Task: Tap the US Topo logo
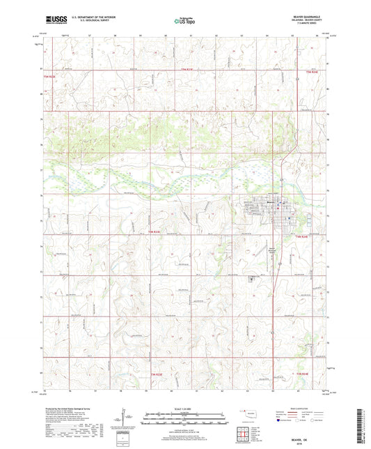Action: coord(184,22)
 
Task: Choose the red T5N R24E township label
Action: coord(310,72)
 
